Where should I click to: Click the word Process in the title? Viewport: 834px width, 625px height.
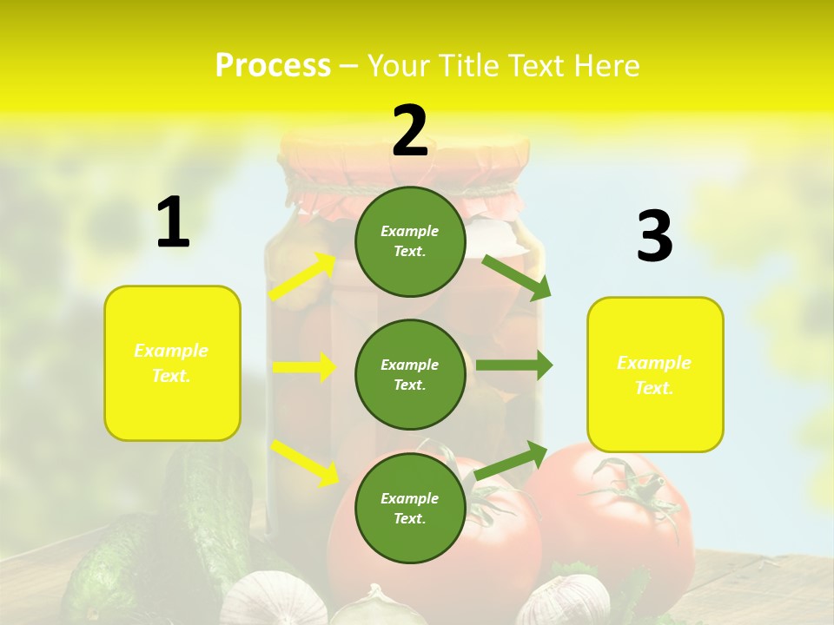[x=273, y=66]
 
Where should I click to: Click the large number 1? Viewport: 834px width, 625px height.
[x=173, y=223]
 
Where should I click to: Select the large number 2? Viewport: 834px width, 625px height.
[x=410, y=131]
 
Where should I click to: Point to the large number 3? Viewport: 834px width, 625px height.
[x=654, y=237]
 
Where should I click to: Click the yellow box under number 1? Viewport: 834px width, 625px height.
[x=172, y=363]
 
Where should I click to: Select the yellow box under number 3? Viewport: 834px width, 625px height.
[x=655, y=375]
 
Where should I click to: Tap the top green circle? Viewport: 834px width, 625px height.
[x=410, y=241]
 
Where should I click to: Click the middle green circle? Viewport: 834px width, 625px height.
[x=410, y=374]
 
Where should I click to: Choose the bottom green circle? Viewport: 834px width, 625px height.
[x=410, y=508]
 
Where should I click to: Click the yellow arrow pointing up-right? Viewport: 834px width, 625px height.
[x=303, y=276]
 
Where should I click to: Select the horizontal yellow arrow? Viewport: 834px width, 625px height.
[x=304, y=367]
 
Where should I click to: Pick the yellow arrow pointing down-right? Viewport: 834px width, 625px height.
[x=305, y=462]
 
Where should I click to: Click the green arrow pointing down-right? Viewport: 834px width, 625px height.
[x=516, y=277]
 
